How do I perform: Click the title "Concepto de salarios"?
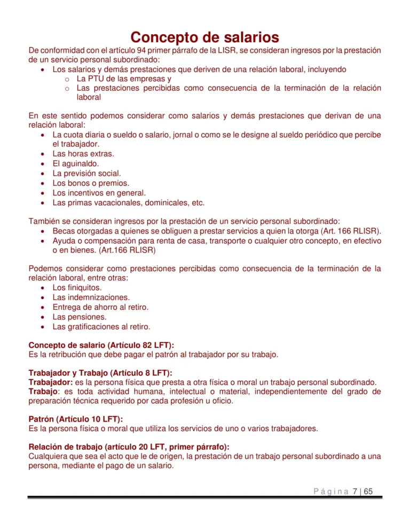point(204,37)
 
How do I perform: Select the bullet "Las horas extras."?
point(83,154)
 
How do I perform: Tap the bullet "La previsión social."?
point(86,174)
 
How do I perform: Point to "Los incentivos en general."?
point(99,193)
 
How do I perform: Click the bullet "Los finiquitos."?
point(77,287)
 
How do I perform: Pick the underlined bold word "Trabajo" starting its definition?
point(45,392)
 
